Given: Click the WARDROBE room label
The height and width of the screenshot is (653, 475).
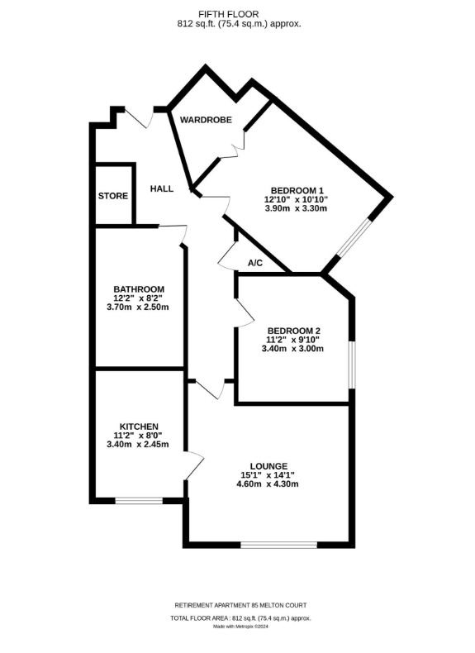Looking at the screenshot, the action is [x=206, y=120].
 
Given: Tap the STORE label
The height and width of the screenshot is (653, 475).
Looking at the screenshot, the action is [x=113, y=196].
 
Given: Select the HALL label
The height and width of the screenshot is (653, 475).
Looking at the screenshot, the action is [x=162, y=188].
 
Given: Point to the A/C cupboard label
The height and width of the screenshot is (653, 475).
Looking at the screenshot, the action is [x=255, y=263].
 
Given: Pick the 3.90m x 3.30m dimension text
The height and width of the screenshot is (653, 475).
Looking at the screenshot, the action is [x=296, y=207].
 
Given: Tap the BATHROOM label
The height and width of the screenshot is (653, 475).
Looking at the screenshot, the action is [x=139, y=289].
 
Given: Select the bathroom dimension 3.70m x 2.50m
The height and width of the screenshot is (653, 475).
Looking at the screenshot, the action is [x=138, y=307].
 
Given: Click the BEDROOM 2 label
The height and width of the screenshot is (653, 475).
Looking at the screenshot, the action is [x=294, y=331].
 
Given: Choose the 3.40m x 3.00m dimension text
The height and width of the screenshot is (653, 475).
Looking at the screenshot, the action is [x=292, y=349].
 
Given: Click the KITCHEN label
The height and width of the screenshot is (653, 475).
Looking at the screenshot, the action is [x=139, y=427].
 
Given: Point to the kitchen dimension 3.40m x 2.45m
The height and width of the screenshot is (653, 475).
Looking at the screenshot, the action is [x=138, y=445].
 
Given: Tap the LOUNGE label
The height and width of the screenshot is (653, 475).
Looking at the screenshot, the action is [x=269, y=466].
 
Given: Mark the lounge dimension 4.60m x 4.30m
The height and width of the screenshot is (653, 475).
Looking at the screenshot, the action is [x=268, y=484].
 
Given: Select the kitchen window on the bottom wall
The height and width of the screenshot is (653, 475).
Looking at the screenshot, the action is [x=139, y=501].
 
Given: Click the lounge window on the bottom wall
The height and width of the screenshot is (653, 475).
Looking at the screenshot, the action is [x=279, y=545].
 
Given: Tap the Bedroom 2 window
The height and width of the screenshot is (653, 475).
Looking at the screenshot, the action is [x=352, y=365].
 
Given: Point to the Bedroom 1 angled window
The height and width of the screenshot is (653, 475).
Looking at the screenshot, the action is [x=354, y=237].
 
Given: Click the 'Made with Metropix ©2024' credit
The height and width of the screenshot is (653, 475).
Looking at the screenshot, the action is [x=241, y=627].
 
